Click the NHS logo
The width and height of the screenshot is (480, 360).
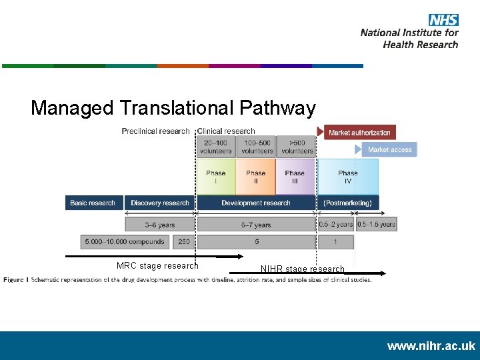tap(443, 20)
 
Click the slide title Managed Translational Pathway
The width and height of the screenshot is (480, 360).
tap(173, 108)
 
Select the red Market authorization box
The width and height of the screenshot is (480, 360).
tap(360, 133)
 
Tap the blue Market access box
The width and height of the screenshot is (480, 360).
tap(389, 150)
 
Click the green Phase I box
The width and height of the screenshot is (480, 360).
tap(215, 177)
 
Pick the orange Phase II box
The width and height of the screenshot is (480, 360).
tap(255, 177)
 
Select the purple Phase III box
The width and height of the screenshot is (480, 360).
tap(295, 177)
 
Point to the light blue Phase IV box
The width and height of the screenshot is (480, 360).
tap(347, 177)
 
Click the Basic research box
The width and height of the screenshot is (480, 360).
tap(93, 203)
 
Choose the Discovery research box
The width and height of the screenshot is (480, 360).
tap(159, 203)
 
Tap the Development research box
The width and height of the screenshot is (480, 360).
tap(256, 203)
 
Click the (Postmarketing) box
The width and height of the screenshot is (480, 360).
tap(347, 203)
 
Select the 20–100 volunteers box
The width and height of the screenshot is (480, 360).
tap(215, 147)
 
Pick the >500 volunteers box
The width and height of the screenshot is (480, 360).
tap(297, 147)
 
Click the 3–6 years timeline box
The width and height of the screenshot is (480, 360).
tap(159, 225)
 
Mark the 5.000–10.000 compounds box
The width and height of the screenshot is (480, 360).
tap(125, 241)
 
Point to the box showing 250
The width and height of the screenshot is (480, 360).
tap(183, 241)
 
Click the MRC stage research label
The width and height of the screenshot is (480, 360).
tap(157, 265)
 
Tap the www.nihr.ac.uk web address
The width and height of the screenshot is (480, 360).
tap(431, 346)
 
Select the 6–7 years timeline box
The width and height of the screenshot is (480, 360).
tap(256, 225)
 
